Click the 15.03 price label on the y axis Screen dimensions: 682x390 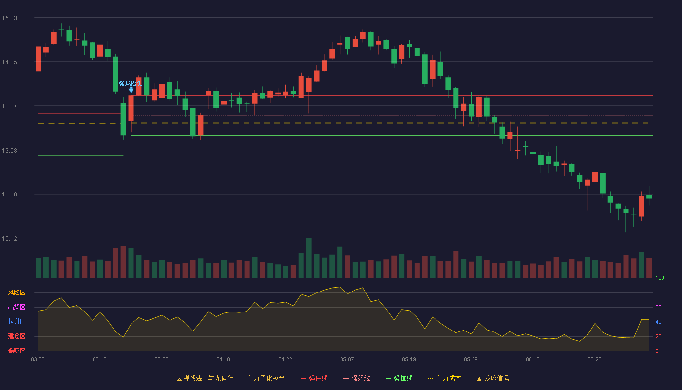(x=9, y=18)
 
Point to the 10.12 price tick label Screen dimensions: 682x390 (x=9, y=238)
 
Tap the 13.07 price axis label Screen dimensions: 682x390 (x=9, y=106)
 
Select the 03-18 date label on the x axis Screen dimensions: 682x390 (x=99, y=359)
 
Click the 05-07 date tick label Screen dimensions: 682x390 (x=347, y=359)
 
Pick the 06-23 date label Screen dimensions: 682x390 (x=594, y=359)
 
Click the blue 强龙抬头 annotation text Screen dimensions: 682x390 (x=131, y=83)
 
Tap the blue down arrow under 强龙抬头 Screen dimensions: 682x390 (x=131, y=90)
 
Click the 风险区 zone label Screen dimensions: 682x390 (x=17, y=292)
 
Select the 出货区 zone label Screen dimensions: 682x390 (x=17, y=307)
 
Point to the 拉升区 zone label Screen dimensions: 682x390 (x=17, y=321)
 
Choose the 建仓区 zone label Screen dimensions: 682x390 (x=17, y=336)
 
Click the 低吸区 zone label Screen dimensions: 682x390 (x=17, y=351)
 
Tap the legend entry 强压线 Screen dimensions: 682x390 (x=314, y=378)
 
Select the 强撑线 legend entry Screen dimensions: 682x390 (x=399, y=378)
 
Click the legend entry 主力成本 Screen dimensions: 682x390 (x=444, y=378)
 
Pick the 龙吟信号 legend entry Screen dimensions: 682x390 (x=493, y=378)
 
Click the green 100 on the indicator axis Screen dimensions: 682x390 (x=660, y=278)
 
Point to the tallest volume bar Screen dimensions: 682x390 (x=309, y=258)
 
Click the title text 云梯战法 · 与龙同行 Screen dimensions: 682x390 (x=205, y=378)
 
